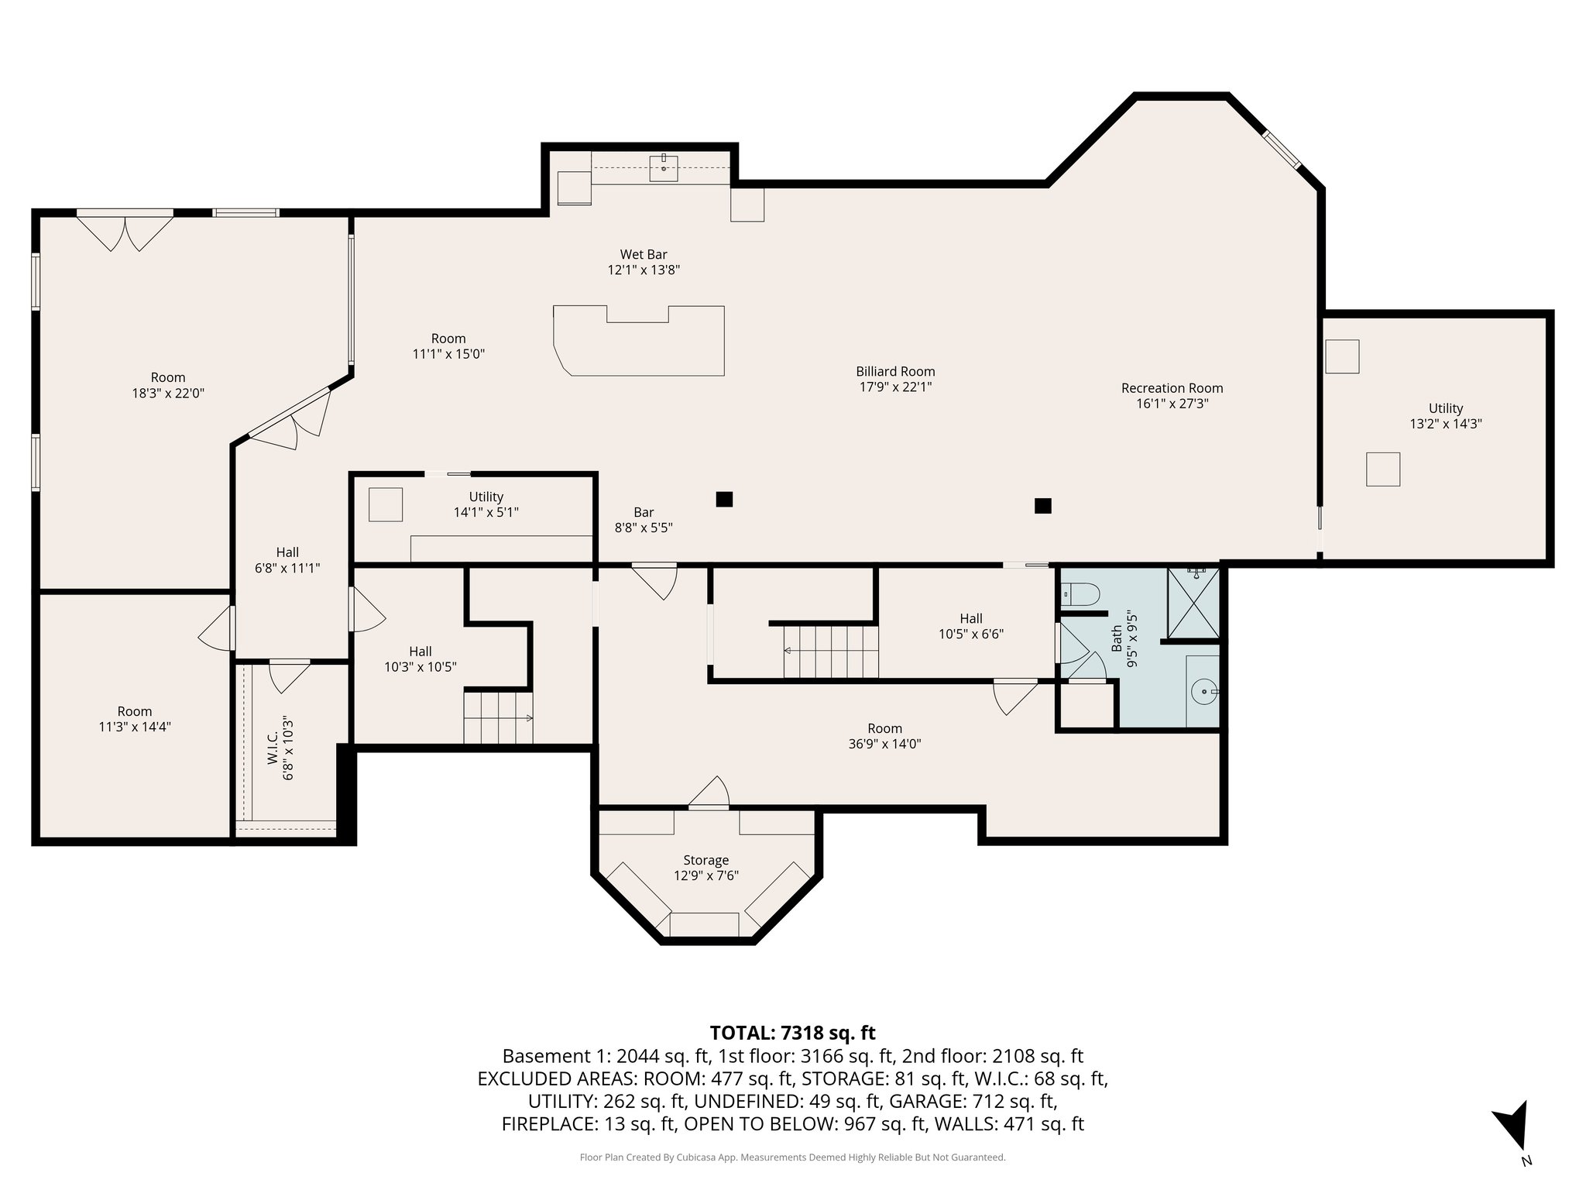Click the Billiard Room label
(895, 372)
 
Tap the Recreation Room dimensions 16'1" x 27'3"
(1172, 404)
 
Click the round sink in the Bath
(1204, 690)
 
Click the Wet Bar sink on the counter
(664, 167)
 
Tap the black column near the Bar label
(724, 500)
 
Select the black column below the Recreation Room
(1042, 506)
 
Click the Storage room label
(705, 860)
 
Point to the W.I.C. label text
(273, 748)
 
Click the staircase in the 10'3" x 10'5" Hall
(498, 718)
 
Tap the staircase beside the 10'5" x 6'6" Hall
(831, 652)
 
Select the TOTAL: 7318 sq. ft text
(792, 1033)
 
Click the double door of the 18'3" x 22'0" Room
(125, 230)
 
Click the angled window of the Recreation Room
(1282, 150)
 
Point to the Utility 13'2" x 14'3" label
(1445, 416)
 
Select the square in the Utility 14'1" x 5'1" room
(385, 504)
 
